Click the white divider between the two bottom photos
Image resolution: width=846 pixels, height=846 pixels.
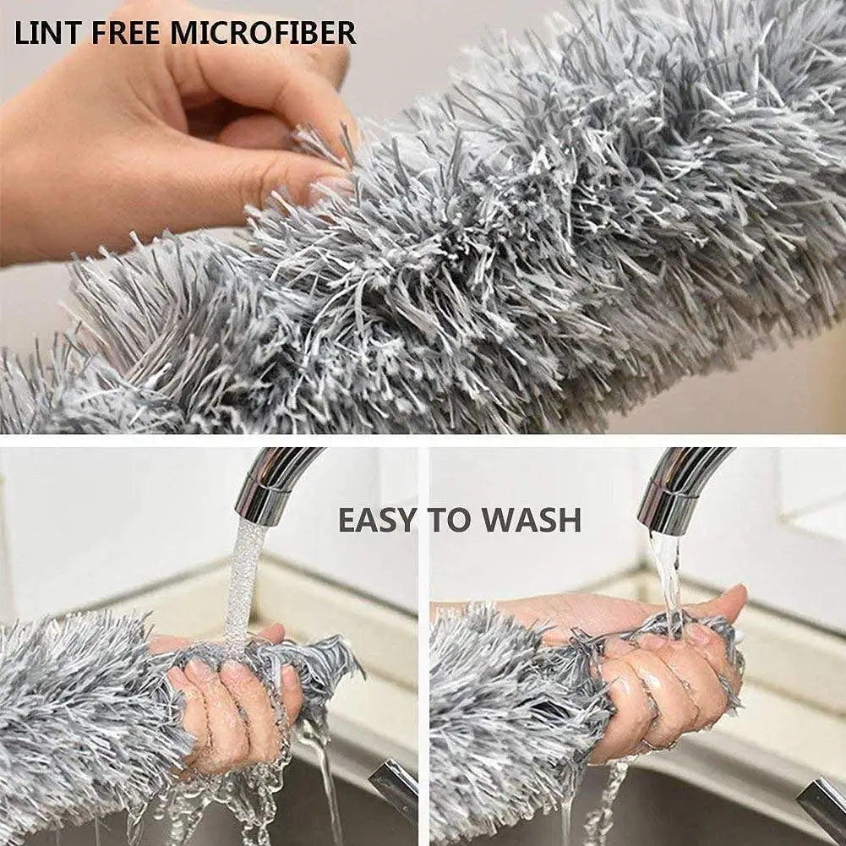pyautogui.click(x=423, y=642)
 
